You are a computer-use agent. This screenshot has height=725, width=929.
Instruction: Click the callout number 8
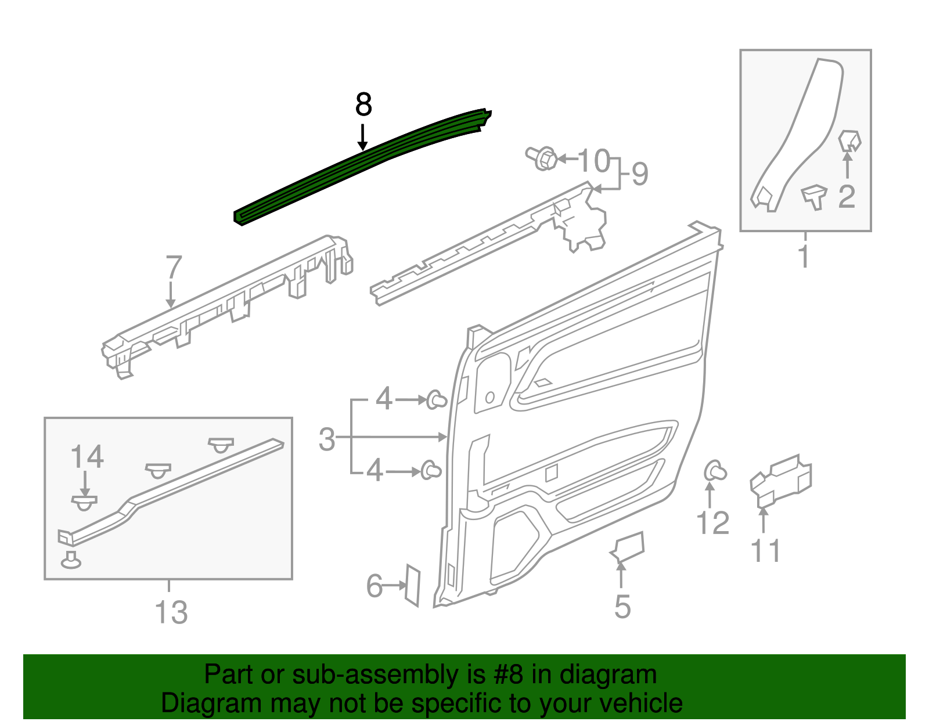tap(363, 105)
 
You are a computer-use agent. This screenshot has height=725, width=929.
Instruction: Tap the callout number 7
tap(174, 268)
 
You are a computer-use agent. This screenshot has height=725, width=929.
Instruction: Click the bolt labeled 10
tap(542, 158)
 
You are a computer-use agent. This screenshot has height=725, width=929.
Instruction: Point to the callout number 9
tap(639, 174)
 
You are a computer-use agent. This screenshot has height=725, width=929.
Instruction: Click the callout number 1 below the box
tap(804, 257)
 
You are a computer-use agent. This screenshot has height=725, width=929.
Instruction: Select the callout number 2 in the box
tap(847, 197)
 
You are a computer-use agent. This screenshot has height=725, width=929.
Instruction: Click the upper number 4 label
tap(384, 399)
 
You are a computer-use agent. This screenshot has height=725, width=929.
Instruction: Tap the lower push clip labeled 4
tap(430, 470)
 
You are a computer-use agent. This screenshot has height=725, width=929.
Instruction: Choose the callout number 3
tap(327, 439)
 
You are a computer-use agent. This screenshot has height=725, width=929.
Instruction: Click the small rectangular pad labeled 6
tap(412, 585)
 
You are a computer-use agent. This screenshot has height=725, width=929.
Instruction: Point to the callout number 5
tap(622, 607)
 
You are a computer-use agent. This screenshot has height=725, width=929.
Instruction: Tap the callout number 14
tap(87, 457)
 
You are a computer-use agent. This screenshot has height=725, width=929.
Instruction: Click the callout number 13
tap(171, 612)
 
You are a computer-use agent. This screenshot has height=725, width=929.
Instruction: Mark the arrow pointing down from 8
tap(363, 137)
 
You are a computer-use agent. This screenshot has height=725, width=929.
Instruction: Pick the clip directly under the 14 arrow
tap(85, 503)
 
